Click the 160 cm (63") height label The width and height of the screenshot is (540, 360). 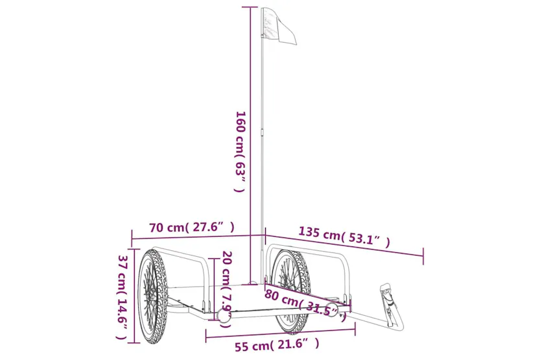pos(240,151)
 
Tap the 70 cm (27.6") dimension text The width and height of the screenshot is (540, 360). pos(192,228)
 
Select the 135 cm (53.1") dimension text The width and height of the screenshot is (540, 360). pos(344,237)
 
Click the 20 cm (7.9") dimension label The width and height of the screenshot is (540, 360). pos(226,289)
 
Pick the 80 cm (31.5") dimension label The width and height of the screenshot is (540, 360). pos(305,304)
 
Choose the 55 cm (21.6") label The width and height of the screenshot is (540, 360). pos(277,345)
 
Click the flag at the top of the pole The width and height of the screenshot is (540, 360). pos(279,26)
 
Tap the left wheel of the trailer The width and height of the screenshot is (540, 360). pos(152,296)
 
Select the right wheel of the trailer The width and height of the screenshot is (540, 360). pos(290,291)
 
